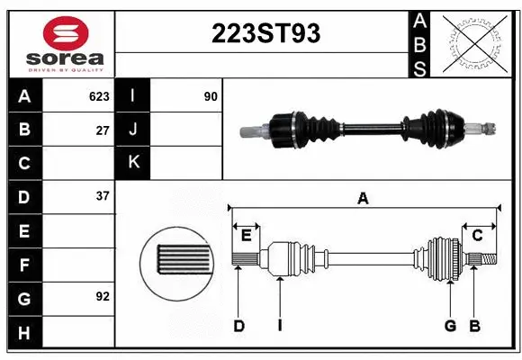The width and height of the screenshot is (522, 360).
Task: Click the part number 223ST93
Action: pos(265,33)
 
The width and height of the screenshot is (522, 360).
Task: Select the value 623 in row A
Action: pos(99,96)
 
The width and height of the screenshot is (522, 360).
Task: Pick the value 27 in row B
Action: pos(103,130)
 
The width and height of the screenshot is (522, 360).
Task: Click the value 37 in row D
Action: pos(103,196)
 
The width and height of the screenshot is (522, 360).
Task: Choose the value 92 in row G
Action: pos(103,296)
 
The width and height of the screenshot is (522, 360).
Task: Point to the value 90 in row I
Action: pos(211,96)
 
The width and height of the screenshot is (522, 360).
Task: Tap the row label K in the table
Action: pos(133,163)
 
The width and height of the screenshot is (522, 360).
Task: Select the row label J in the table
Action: pos(133,130)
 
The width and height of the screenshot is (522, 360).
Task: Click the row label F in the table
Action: pos(24,265)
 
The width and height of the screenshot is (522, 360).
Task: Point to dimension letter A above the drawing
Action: pos(363,199)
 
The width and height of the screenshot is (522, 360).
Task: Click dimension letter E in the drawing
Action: pos(246,236)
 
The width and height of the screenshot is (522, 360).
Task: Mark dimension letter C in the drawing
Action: pos(478,236)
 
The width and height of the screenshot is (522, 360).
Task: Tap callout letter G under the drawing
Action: pos(450,326)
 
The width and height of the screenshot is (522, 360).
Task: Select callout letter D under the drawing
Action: pos(238,326)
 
